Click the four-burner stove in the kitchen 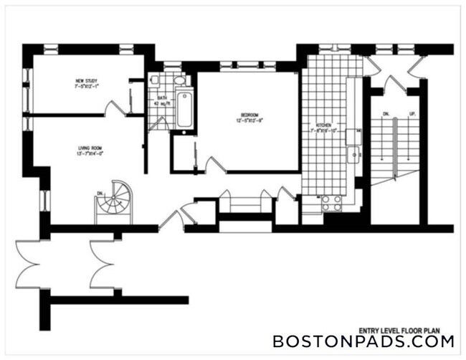(x=331, y=202)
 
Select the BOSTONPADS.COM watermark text (x=363, y=341)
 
